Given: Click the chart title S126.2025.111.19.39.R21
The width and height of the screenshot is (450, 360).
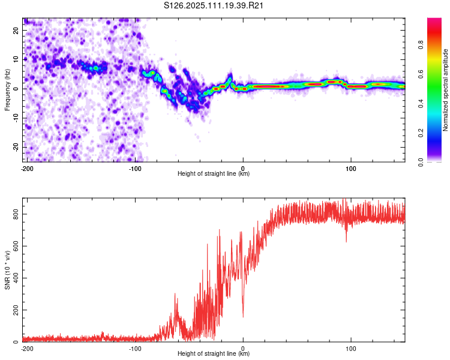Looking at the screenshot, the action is tap(213, 5).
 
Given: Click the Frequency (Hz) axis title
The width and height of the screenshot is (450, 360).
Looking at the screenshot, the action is tap(7, 90).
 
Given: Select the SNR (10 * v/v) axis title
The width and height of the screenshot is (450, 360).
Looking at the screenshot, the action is tap(7, 270).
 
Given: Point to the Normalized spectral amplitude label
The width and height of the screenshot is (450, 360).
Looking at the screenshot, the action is tap(445, 90).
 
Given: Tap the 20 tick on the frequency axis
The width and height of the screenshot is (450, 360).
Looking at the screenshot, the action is tap(16, 30).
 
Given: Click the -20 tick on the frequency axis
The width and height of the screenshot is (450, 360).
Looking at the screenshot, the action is tap(16, 147).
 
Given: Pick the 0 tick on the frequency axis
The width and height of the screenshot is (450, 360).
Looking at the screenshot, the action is tap(16, 89).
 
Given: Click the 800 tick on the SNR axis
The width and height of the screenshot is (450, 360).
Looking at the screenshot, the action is tap(16, 214).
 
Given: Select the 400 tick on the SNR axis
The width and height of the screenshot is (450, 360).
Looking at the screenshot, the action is tap(16, 278).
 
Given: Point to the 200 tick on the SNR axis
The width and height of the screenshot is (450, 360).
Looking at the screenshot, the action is tap(16, 310).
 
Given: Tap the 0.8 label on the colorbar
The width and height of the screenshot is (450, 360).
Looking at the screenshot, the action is tap(421, 45).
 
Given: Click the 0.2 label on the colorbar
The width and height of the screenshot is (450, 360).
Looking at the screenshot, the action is tap(421, 133).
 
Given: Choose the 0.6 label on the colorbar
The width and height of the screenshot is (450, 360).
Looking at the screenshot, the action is tap(421, 74).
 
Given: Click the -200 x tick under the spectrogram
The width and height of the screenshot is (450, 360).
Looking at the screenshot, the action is tap(27, 169).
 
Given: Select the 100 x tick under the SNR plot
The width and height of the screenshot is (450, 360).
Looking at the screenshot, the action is tap(351, 349).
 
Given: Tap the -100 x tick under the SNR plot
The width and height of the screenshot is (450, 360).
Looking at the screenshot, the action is tap(135, 349).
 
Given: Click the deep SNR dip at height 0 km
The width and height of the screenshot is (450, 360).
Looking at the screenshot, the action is tap(244, 316).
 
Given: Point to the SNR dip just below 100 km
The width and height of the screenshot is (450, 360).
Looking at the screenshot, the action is tap(346, 241).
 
